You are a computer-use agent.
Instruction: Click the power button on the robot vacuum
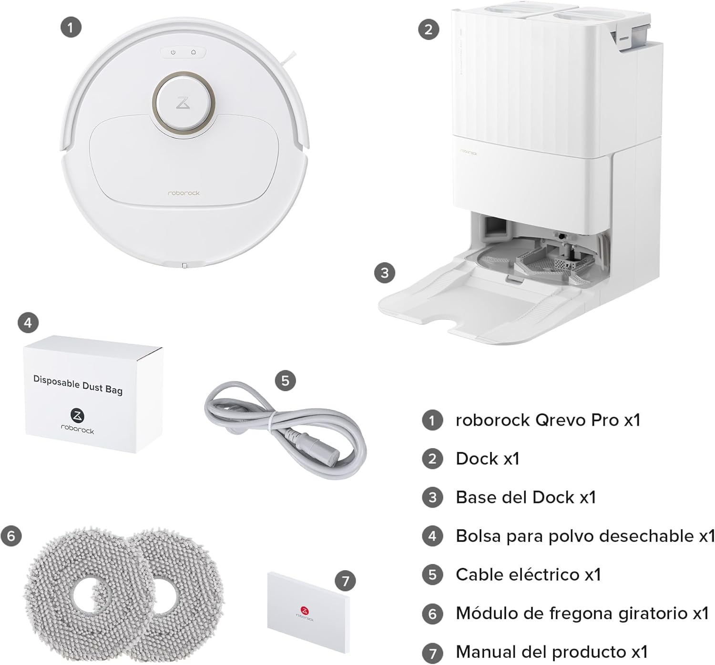coord(173,52)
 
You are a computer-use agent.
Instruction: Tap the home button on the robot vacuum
coord(194,52)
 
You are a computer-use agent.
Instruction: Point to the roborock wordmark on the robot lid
coord(184,194)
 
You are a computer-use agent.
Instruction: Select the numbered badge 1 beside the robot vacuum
coord(71,27)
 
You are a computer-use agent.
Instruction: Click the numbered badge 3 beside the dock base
coord(385,273)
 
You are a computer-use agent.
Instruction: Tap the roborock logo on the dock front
coord(468,152)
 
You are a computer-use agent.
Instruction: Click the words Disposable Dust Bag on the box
coord(78,385)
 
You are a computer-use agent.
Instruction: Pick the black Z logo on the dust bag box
coord(77,416)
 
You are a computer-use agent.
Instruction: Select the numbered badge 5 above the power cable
coord(285,380)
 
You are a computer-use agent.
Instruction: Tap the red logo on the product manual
coord(305,610)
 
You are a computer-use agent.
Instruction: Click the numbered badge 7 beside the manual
coord(345,581)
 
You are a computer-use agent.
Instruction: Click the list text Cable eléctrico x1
coord(528,574)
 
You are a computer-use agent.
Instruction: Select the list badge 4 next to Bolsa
coord(432,536)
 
